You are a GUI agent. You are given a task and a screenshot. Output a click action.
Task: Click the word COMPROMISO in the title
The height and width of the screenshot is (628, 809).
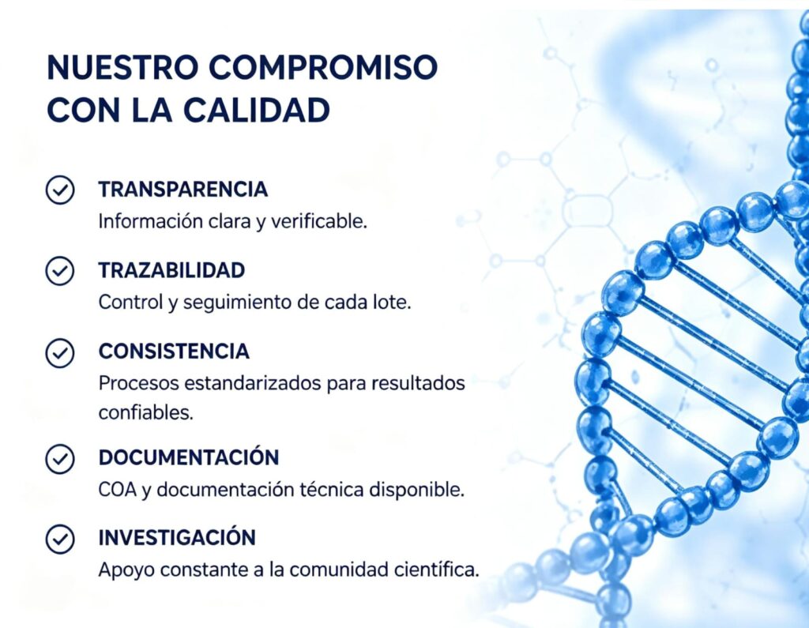pos(323,67)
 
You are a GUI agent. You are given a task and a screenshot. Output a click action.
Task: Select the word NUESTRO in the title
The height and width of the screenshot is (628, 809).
pos(122,67)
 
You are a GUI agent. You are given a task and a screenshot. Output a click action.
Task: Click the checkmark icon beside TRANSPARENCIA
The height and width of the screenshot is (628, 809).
pos(60,190)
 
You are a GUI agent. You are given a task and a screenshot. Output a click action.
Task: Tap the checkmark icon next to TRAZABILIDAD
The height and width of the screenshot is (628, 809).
pos(60,271)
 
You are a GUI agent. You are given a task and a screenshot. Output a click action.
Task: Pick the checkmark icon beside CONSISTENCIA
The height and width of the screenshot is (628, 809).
pos(60,353)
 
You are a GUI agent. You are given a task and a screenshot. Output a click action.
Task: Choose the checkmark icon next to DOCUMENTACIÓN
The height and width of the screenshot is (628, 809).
pos(60,459)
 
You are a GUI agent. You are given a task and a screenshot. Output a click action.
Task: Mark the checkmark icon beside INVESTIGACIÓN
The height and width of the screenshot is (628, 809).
pos(60,540)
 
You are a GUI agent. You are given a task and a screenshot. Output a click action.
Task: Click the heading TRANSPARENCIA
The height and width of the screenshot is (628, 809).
pos(183,190)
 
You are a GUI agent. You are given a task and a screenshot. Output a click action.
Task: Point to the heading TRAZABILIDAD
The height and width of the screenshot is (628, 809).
pos(171,270)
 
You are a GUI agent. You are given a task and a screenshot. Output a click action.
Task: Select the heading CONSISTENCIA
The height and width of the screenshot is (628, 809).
pos(174,352)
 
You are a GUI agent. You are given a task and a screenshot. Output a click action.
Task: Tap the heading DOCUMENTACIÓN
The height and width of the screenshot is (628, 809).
pos(189,457)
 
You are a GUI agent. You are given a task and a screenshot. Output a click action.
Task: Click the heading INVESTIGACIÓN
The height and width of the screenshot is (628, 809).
pos(177,537)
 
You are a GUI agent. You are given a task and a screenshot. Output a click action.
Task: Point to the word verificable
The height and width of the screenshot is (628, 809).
pos(319,221)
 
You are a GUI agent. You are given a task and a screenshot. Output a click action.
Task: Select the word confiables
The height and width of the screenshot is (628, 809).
pos(146,412)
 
